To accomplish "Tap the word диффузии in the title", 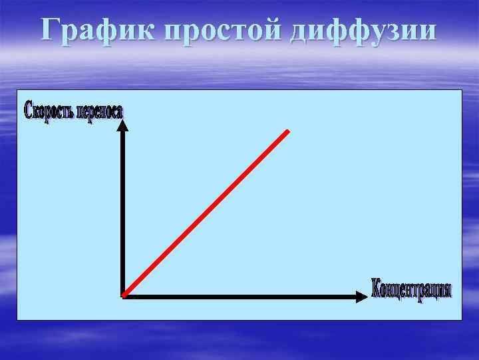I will [364, 31].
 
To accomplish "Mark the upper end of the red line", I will [289, 131].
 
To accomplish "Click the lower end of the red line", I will [124, 293].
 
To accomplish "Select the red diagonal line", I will [206, 213].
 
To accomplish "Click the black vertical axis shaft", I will [123, 213].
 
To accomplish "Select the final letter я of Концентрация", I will [448, 291].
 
